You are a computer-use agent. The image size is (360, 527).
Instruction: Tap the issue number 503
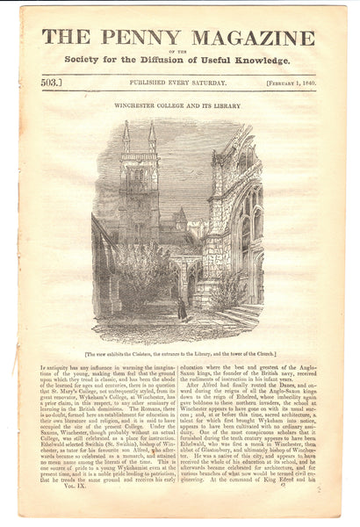pyautogui.click(x=54, y=82)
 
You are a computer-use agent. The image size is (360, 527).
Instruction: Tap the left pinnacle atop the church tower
pyautogui.click(x=126, y=137)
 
